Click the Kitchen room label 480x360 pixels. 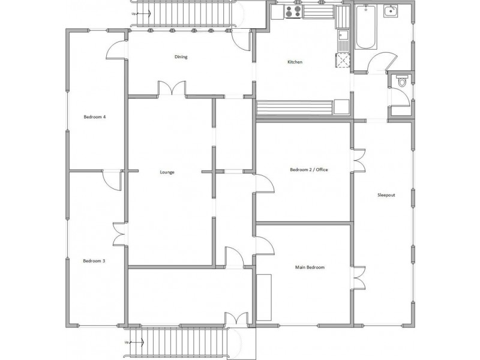coord(294,62)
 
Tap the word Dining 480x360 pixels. coord(181,58)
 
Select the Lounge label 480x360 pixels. coord(167,172)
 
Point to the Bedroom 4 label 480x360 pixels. coord(95,117)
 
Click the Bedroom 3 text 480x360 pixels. coord(94,261)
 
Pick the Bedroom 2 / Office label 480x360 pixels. coord(309,170)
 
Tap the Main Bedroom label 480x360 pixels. coord(310,267)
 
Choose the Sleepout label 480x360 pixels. coord(386,195)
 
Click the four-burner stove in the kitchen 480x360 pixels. coord(293,11)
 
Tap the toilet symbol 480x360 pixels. coord(401,82)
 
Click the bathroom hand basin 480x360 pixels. coord(391,11)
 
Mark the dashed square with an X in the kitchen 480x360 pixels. coord(342,60)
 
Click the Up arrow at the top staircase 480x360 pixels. coord(134,12)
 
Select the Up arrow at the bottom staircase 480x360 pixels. coord(127,342)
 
